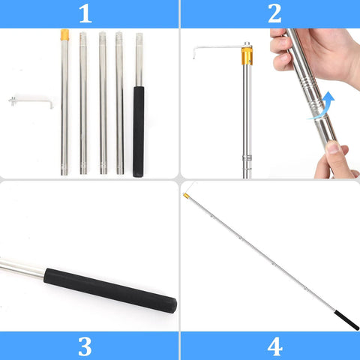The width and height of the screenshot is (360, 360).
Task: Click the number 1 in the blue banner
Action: (x=85, y=13)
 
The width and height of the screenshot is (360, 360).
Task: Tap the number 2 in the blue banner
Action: (x=274, y=13)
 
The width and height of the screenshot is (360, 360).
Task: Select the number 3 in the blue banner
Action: (x=85, y=346)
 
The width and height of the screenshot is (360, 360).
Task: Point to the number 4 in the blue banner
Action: (x=274, y=346)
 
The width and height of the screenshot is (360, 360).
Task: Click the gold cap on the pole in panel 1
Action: (x=64, y=34)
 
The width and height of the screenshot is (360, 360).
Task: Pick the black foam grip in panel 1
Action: (x=139, y=131)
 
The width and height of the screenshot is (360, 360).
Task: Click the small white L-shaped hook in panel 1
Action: (x=30, y=100)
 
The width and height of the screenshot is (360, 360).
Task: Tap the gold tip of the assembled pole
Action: (x=185, y=196)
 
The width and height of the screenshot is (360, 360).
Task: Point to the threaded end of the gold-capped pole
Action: (x=64, y=166)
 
